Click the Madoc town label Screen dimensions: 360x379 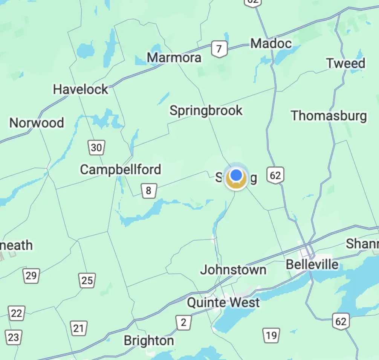pos(271,43)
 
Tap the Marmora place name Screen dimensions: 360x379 pos(174,58)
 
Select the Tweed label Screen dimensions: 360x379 pos(345,63)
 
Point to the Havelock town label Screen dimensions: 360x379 pos(81,90)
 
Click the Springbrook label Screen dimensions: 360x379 pos(206,111)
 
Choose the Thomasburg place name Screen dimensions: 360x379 pos(329,116)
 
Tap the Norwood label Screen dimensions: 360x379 pos(37,123)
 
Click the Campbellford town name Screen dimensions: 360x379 pos(121,169)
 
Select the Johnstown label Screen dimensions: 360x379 pos(233,270)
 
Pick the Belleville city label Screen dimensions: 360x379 pos(312,264)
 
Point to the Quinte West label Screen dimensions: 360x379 pos(223,302)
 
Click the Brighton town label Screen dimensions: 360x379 pos(149,341)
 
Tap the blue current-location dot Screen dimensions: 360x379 pos(236,175)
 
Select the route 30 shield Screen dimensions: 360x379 pos(96,148)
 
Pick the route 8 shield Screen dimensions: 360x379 pos(148,191)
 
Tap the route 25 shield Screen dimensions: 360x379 pos(87,280)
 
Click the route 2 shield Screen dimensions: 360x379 pos(183,322)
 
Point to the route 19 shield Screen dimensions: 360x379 pos(271,335)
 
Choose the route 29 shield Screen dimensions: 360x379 pos(31,276)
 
